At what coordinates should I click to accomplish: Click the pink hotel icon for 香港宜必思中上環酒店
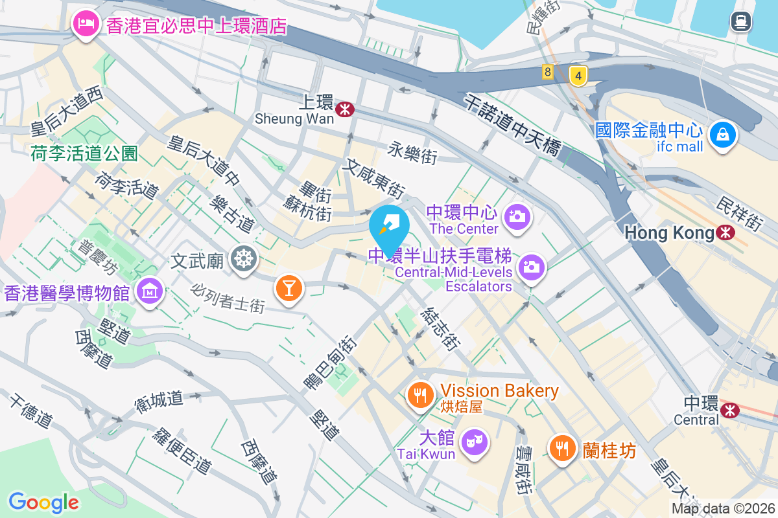pyautogui.click(x=86, y=25)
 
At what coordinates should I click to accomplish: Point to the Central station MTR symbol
pyautogui.click(x=730, y=410)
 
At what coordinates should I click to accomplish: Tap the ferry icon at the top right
pyautogui.click(x=740, y=22)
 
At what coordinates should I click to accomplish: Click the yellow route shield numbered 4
pyautogui.click(x=578, y=76)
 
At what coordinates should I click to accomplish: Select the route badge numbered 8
pyautogui.click(x=548, y=72)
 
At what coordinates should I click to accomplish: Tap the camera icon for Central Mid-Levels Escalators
pyautogui.click(x=531, y=267)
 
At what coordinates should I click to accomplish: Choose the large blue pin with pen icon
pyautogui.click(x=389, y=227)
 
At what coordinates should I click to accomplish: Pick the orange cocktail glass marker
pyautogui.click(x=289, y=286)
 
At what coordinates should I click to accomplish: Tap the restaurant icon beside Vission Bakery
pyautogui.click(x=421, y=394)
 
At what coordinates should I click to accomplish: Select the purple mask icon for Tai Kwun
pyautogui.click(x=474, y=444)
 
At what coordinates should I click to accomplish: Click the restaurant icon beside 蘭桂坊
pyautogui.click(x=562, y=447)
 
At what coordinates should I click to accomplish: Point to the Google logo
pyautogui.click(x=43, y=502)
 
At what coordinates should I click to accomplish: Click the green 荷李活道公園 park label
pyautogui.click(x=84, y=153)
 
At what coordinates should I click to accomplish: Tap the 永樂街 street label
pyautogui.click(x=412, y=152)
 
